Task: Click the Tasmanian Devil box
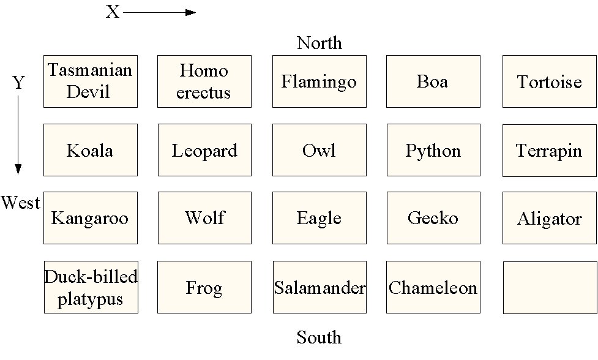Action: click(x=91, y=81)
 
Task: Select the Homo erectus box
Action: click(x=204, y=81)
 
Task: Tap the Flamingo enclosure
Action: click(x=319, y=81)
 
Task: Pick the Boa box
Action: click(x=433, y=81)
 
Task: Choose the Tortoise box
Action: click(x=549, y=81)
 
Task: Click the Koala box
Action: click(x=91, y=150)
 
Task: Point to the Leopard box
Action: click(x=204, y=150)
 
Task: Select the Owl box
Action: click(x=319, y=150)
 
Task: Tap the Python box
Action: click(x=433, y=150)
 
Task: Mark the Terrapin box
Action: click(x=549, y=150)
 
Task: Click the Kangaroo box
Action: click(x=91, y=218)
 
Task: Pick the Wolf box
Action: click(x=204, y=218)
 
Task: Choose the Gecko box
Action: click(x=433, y=218)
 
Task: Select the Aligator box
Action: click(x=549, y=218)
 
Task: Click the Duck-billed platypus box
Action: click(x=91, y=287)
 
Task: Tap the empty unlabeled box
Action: click(x=549, y=287)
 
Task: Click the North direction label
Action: click(x=319, y=43)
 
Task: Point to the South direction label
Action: click(x=319, y=337)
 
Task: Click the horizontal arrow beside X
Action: click(x=159, y=12)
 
